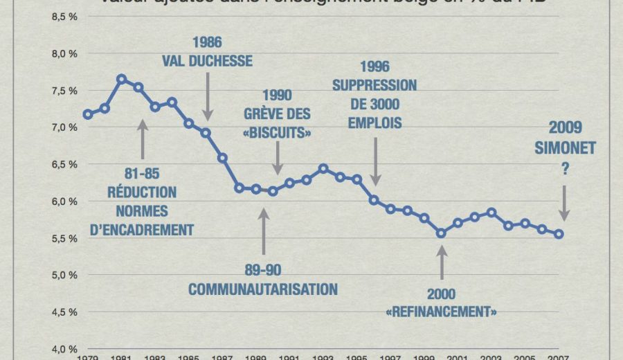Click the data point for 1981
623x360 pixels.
[x=121, y=79]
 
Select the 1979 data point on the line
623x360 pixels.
[x=87, y=114]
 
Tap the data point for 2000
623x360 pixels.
[x=441, y=233]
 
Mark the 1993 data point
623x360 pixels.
[x=323, y=168]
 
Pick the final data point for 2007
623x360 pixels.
[x=559, y=234]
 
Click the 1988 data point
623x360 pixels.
[x=239, y=188]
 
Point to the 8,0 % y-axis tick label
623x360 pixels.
[x=63, y=53]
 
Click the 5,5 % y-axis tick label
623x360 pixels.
[x=63, y=238]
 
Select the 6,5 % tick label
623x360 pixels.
[x=63, y=164]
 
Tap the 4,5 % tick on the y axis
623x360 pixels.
[x=63, y=312]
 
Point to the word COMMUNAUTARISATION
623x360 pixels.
[x=263, y=289]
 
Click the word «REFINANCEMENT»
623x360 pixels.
[x=441, y=312]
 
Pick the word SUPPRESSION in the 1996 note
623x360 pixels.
[x=374, y=86]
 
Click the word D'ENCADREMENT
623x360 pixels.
[x=142, y=229]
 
